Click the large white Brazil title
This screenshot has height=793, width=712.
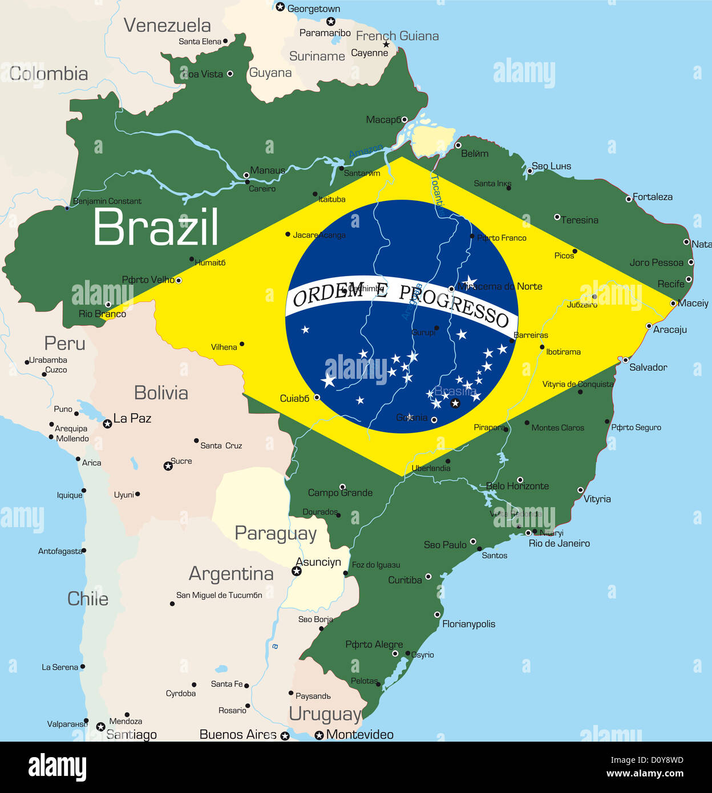(x=155, y=227)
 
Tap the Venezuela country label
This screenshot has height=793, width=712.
(x=167, y=25)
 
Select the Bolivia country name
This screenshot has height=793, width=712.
(x=161, y=393)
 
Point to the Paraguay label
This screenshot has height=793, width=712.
(x=276, y=533)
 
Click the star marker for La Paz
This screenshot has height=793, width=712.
(x=107, y=423)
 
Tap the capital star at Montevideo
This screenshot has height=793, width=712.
(x=319, y=735)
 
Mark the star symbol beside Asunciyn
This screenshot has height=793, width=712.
(x=297, y=571)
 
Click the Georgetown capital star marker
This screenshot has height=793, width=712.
(x=280, y=7)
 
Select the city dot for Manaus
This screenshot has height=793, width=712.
(x=246, y=175)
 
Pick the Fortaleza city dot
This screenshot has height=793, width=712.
(x=629, y=199)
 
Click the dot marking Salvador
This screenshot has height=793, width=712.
(x=625, y=360)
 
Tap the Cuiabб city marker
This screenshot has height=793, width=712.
(x=317, y=397)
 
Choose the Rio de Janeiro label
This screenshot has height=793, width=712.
(x=559, y=544)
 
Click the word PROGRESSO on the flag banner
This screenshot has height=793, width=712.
(x=454, y=306)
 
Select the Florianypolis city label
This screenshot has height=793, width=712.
(x=469, y=624)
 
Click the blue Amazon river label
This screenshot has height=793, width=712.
(x=366, y=151)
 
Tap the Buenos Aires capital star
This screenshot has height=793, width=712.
(x=285, y=736)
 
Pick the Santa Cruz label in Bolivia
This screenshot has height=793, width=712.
(x=221, y=446)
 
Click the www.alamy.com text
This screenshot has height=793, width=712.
(x=645, y=774)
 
